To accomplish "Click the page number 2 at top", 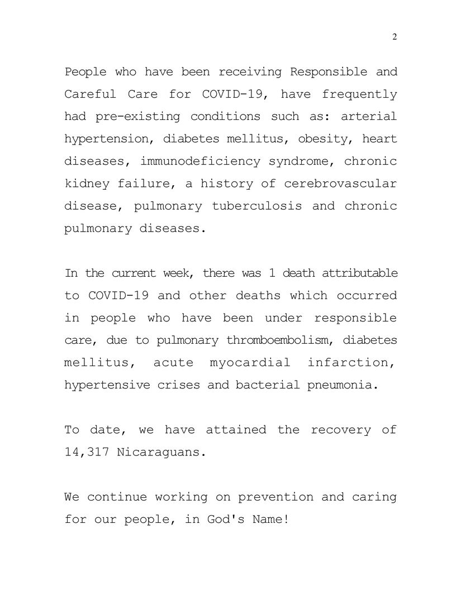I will pyautogui.click(x=395, y=37).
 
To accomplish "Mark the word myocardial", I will pyautogui.click(x=250, y=363).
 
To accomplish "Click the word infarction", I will pyautogui.click(x=352, y=363).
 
